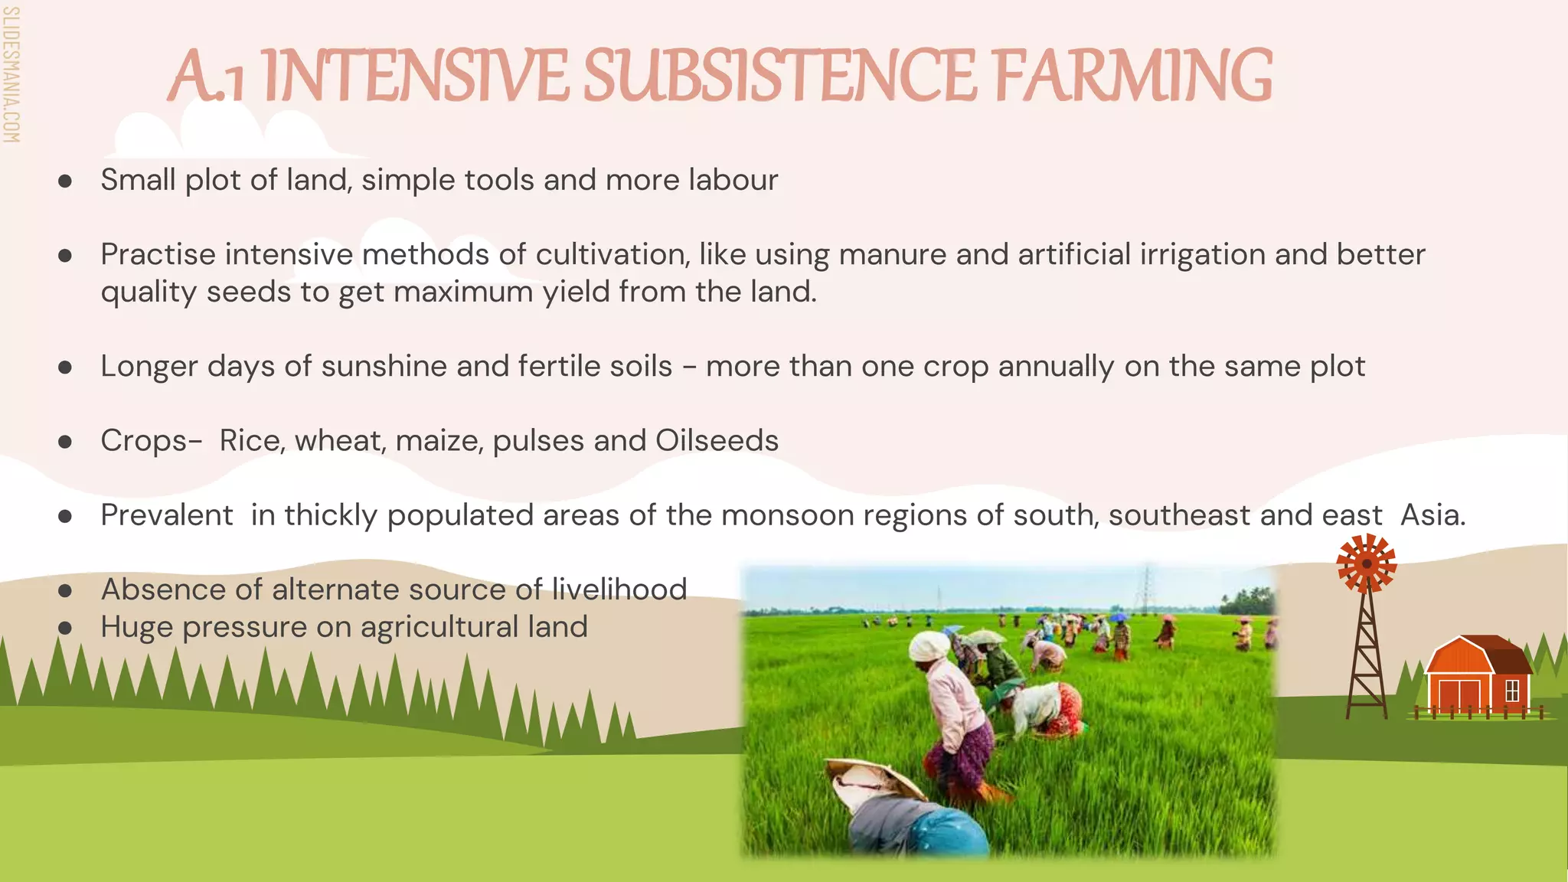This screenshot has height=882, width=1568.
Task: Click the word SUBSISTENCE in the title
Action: pos(779,76)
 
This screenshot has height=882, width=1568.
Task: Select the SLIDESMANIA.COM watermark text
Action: pos(11,74)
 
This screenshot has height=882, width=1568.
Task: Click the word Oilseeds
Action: pos(717,440)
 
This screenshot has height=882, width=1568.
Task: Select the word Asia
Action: pos(1432,514)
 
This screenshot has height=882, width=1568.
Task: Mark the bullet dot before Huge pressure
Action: pos(65,628)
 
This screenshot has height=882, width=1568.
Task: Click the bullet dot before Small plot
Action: pos(65,181)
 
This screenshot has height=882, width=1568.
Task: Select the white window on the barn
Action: pos(1511,691)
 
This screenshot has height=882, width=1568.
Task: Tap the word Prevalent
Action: pos(166,514)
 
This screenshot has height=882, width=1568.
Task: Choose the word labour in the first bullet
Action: pos(733,180)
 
